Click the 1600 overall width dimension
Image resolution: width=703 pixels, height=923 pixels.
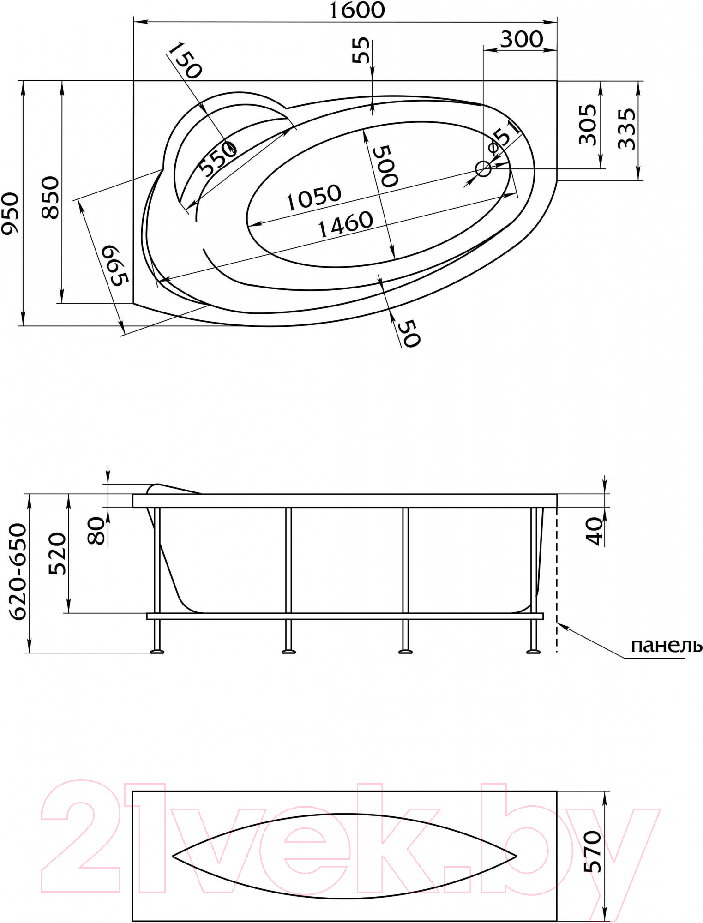(357, 10)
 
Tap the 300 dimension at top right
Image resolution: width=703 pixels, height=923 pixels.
(522, 39)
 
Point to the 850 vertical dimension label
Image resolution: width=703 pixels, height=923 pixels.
(51, 198)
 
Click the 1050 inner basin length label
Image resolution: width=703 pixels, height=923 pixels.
(314, 198)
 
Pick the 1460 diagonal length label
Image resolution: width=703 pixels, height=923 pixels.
(346, 225)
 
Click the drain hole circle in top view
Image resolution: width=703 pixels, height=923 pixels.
(483, 169)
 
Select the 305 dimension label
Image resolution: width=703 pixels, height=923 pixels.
(588, 125)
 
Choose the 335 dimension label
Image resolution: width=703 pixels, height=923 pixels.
(626, 129)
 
